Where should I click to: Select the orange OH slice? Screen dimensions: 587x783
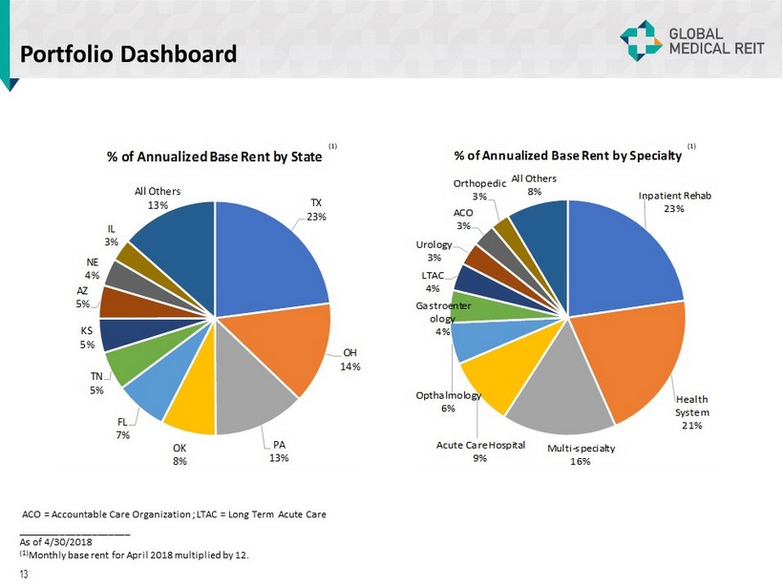(x=286, y=353)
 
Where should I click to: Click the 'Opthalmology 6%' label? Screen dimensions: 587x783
(x=448, y=402)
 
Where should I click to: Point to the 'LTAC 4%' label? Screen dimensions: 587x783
(x=433, y=282)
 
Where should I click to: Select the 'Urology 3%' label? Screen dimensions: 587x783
(x=434, y=251)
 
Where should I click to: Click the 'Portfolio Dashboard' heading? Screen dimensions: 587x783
(x=129, y=53)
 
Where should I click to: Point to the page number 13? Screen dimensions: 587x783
(x=24, y=574)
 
